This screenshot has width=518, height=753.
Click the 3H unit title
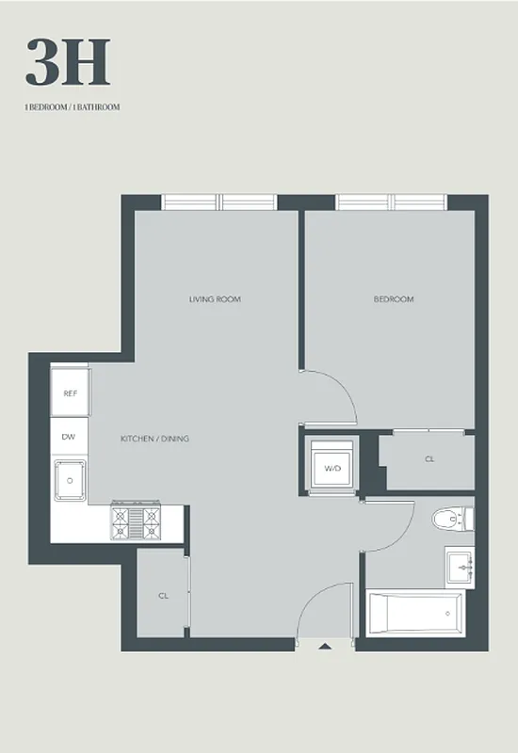[68, 63]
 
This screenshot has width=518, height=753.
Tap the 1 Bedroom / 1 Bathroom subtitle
[73, 107]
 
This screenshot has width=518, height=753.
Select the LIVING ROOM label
[215, 299]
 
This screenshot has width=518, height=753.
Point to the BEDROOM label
[394, 299]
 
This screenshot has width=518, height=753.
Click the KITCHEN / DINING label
[154, 439]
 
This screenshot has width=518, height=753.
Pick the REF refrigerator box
[70, 394]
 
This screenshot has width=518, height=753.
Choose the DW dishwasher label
[69, 437]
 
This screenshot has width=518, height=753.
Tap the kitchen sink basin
[70, 481]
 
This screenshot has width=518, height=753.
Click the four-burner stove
[137, 522]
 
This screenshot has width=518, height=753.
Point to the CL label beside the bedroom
[429, 460]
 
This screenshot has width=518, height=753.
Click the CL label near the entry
[163, 595]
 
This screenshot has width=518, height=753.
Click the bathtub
[414, 615]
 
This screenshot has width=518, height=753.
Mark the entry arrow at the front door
[325, 647]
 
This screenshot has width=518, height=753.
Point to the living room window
[219, 201]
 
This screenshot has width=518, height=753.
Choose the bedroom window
[393, 201]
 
